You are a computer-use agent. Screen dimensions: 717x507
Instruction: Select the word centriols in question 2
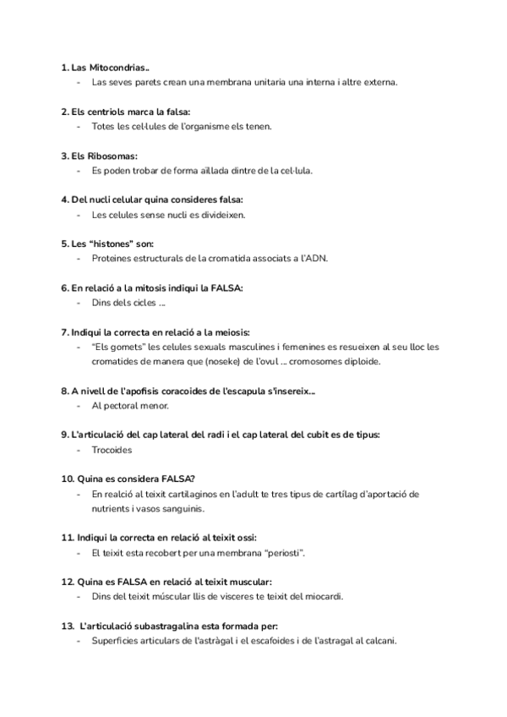[107, 111]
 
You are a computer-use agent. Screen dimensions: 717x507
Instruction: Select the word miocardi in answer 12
[324, 596]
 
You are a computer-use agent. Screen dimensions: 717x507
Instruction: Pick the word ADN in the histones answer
[314, 258]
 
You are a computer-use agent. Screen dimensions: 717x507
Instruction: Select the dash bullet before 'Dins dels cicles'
[79, 302]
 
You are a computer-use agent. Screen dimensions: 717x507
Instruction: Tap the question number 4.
[65, 200]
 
